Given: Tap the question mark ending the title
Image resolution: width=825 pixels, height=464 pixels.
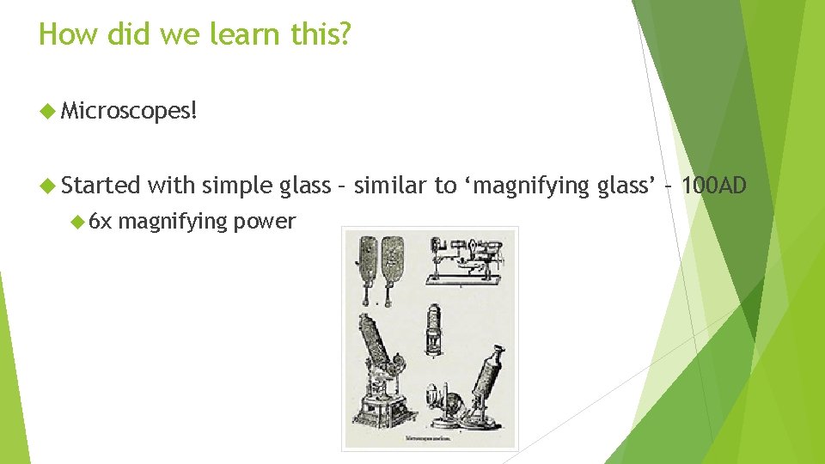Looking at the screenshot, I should coord(343,34).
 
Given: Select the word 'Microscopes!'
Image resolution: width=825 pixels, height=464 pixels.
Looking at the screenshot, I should coord(130,111).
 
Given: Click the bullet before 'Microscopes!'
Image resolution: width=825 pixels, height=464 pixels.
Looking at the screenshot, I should coord(48,111).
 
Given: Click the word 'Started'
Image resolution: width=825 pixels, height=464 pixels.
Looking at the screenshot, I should coord(101,185).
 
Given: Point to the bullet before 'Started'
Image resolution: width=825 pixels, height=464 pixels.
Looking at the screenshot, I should coord(48,185).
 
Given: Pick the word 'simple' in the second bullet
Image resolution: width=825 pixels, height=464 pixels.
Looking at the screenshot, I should coord(239,185).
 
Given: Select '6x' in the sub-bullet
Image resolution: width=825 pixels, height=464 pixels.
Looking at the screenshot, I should coord(101,222).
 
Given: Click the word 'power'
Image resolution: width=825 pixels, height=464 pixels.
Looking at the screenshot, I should coord(264,222).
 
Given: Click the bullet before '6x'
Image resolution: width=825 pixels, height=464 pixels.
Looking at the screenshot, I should coord(78,222).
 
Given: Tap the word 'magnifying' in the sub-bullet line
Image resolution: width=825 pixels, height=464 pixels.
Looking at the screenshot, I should coord(172,222).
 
